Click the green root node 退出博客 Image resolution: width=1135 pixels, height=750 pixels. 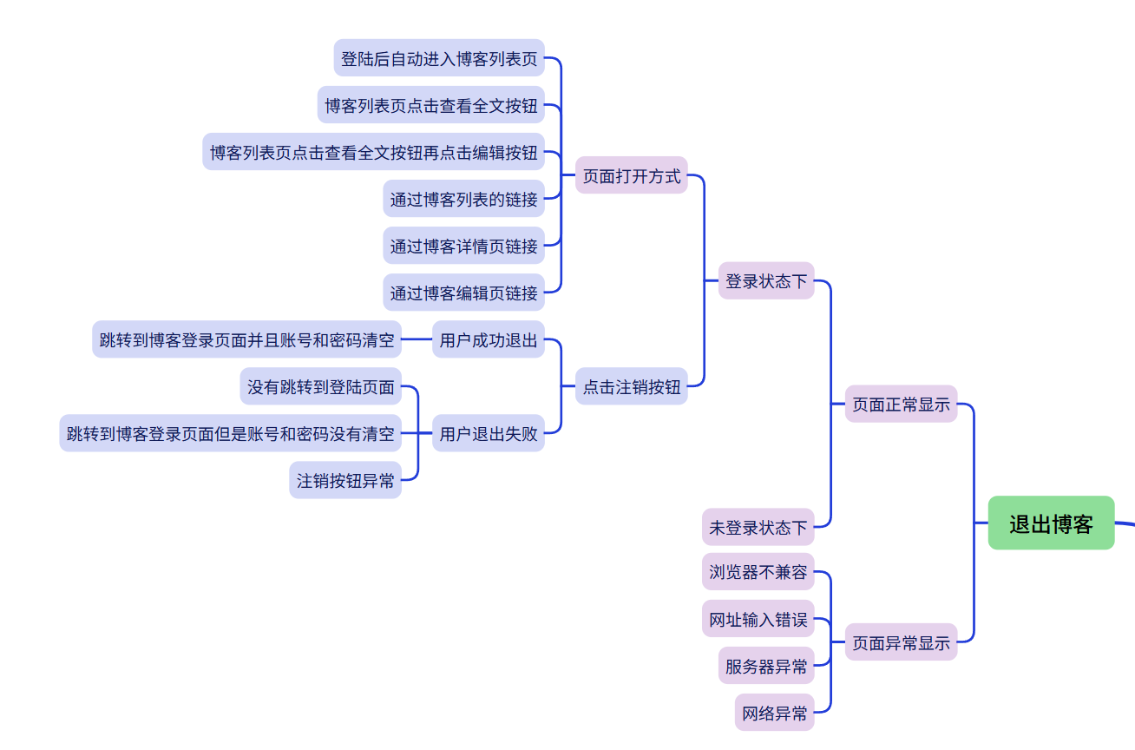click(x=1051, y=523)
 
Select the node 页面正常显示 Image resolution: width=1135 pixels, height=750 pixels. click(x=901, y=405)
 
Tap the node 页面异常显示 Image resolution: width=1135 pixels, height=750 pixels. click(x=901, y=643)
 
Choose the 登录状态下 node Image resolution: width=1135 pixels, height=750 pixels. click(x=766, y=281)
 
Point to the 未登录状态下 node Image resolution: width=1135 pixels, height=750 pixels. click(x=758, y=527)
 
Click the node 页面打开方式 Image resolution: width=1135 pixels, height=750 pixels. click(x=631, y=176)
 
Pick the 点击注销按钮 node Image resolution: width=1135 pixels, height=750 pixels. click(x=631, y=387)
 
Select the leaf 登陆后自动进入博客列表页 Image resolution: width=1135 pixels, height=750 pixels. click(x=439, y=59)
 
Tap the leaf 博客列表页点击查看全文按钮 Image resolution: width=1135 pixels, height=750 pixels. click(x=430, y=106)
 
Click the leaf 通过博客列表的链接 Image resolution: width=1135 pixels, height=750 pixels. click(x=463, y=200)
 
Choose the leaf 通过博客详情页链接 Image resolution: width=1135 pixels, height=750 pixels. click(x=463, y=247)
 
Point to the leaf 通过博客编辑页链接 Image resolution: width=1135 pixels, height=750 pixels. click(x=463, y=293)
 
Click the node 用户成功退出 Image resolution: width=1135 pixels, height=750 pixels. click(x=489, y=340)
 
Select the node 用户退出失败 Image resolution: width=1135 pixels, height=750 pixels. click(x=489, y=434)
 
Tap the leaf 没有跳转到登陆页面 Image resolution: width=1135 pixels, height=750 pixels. click(x=321, y=387)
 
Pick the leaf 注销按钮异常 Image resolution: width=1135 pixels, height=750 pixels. click(x=345, y=481)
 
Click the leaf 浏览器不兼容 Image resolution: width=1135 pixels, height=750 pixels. click(x=758, y=572)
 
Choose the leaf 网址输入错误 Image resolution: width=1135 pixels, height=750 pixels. click(x=758, y=620)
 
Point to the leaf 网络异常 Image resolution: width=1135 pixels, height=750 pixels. click(x=774, y=714)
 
